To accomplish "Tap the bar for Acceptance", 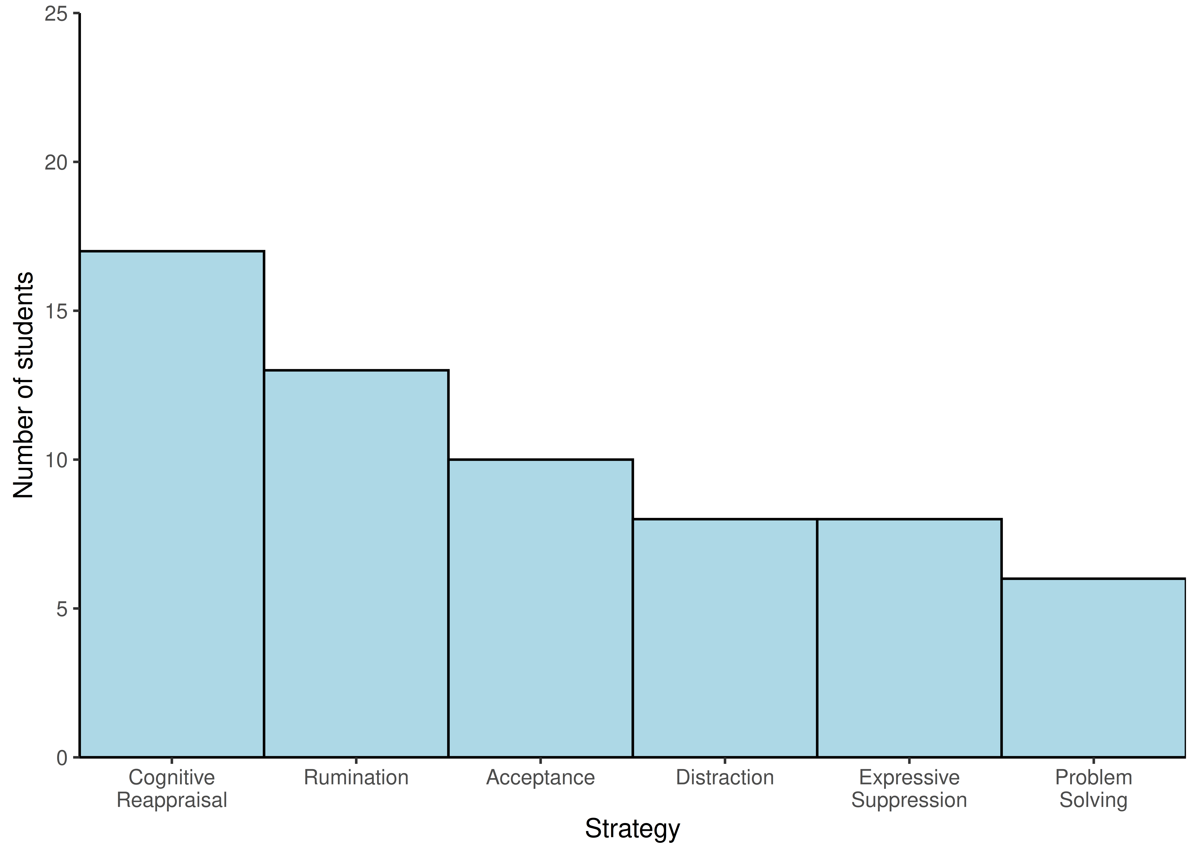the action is [540, 608].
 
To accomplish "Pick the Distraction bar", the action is [725, 638].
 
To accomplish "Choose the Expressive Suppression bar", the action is [909, 638].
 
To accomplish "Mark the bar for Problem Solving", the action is [1094, 668].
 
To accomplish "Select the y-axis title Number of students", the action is [23, 385].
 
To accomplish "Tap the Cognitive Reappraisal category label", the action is [172, 789].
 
